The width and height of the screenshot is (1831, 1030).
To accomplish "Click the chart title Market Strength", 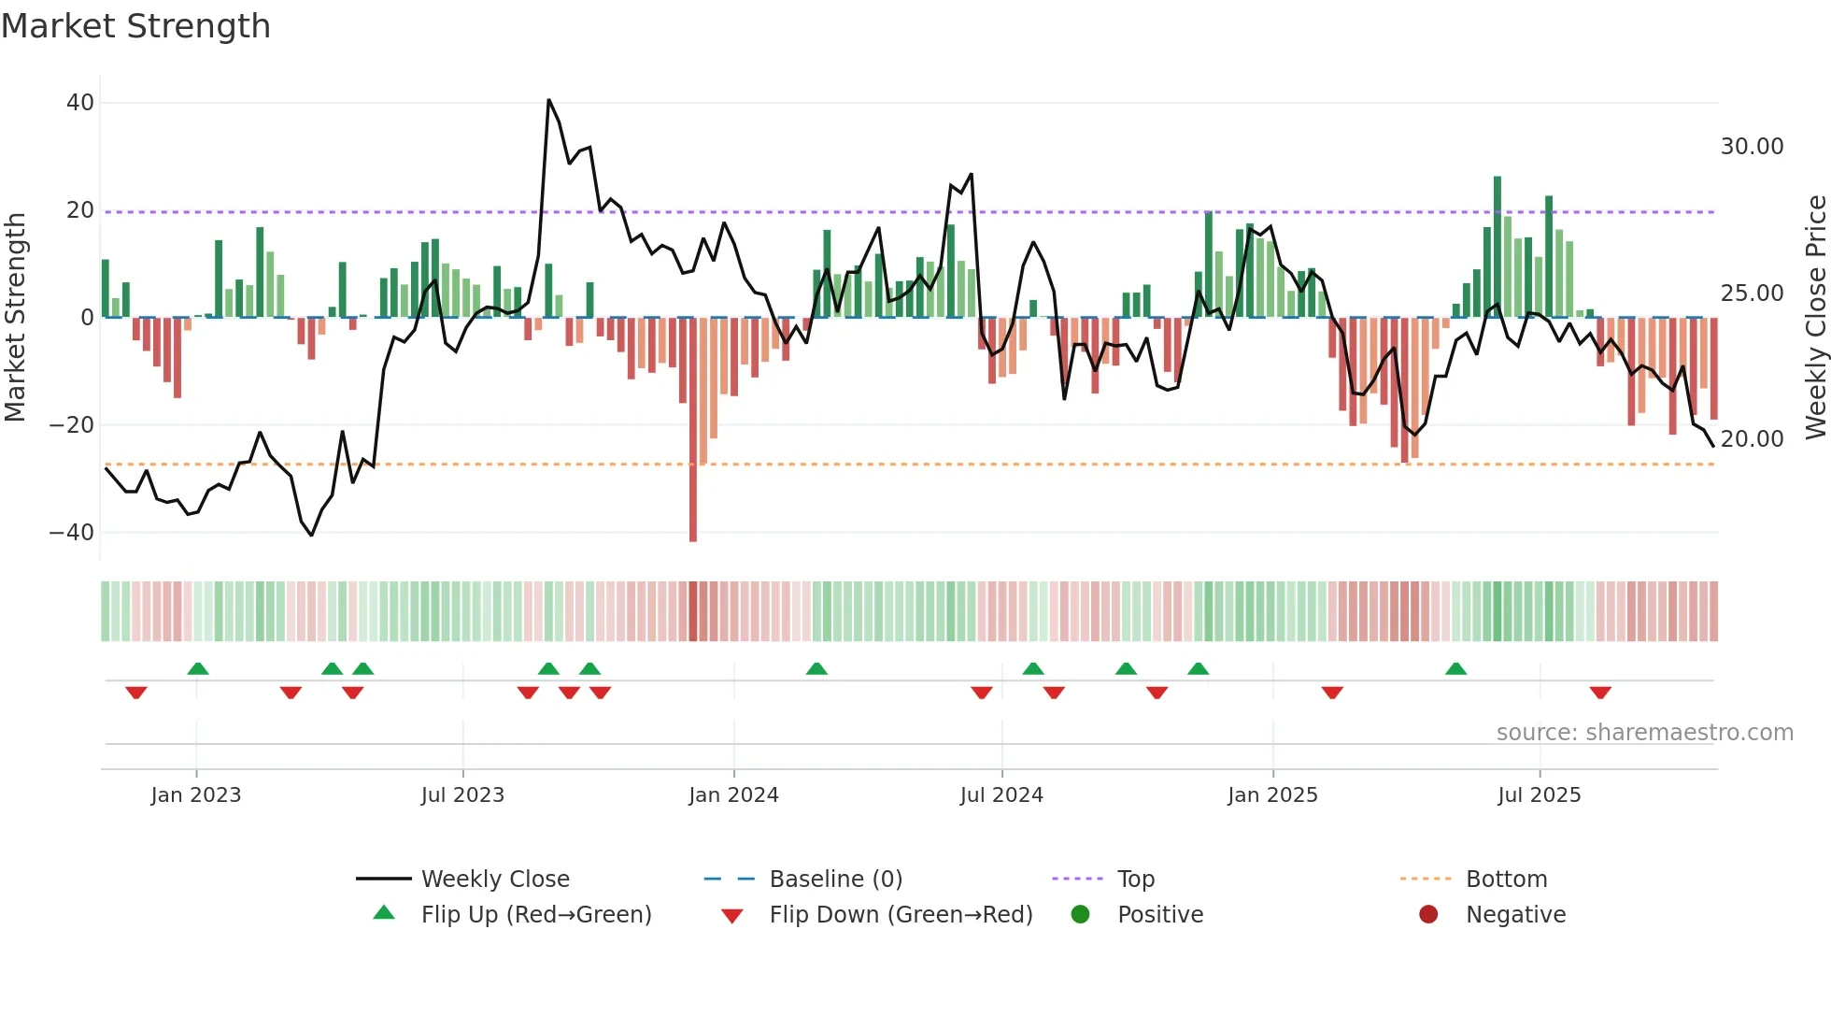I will (x=135, y=26).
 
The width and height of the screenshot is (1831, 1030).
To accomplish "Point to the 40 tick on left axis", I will (x=80, y=103).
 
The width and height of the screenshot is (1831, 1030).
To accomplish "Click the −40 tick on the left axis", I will (x=72, y=533).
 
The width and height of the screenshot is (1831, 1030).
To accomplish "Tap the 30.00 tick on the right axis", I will (x=1752, y=147).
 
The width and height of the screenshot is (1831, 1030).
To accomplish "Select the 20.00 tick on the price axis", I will (x=1752, y=439).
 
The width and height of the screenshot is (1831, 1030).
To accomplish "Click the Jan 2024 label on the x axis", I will (x=733, y=795).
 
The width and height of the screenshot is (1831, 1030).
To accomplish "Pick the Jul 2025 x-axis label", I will (x=1539, y=795).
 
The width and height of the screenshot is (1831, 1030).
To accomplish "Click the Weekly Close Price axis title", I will (x=1815, y=318).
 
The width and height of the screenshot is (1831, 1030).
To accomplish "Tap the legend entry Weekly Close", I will (x=494, y=880).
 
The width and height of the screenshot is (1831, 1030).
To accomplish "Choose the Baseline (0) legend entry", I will (x=835, y=880).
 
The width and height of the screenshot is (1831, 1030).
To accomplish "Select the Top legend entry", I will (x=1135, y=880).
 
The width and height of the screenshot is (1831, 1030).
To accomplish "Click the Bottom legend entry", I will (x=1506, y=880).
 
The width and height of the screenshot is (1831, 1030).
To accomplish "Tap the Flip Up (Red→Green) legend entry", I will (x=535, y=915).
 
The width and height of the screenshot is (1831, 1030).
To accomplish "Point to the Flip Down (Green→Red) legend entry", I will (x=901, y=915).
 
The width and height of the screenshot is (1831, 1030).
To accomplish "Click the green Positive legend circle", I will (x=1081, y=914).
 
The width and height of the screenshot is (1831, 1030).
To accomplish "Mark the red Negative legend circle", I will (x=1428, y=914).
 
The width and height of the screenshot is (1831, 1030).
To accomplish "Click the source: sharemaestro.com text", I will (x=1644, y=733).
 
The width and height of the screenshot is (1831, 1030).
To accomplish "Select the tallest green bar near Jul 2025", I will (x=1497, y=243).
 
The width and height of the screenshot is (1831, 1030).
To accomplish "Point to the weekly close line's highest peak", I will (x=549, y=100).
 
